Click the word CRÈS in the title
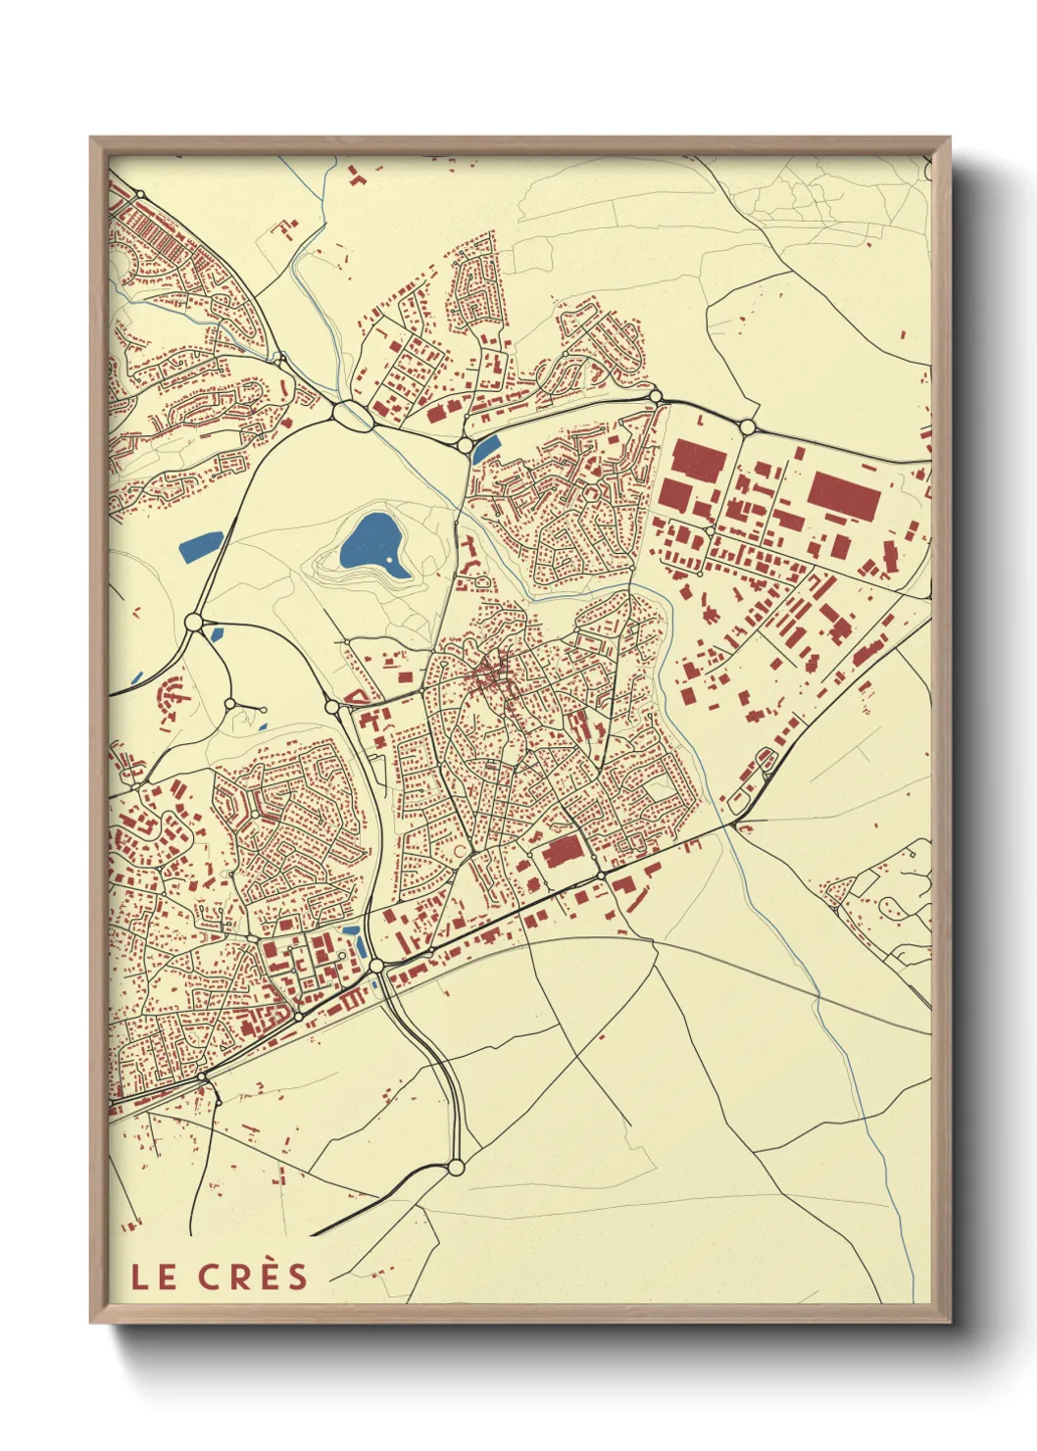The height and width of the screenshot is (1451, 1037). [253, 1276]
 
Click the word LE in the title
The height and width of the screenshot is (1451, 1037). [154, 1276]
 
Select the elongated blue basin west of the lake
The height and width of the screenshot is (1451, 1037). [200, 545]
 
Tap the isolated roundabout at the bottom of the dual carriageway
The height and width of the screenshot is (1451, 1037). [455, 1167]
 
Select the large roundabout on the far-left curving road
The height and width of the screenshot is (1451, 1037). [193, 622]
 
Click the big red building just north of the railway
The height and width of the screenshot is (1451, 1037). [563, 851]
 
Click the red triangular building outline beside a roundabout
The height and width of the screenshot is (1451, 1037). [357, 697]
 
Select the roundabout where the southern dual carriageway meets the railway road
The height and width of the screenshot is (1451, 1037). [376, 967]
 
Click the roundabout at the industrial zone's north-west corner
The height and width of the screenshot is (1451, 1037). [656, 397]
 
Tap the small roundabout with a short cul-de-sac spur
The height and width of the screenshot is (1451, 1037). [230, 703]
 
